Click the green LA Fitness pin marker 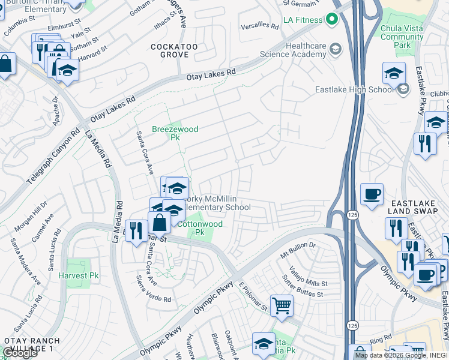pyautogui.click(x=331, y=20)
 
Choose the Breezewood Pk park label pyautogui.click(x=175, y=133)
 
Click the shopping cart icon pyautogui.click(x=282, y=305)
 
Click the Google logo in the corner pyautogui.click(x=19, y=353)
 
